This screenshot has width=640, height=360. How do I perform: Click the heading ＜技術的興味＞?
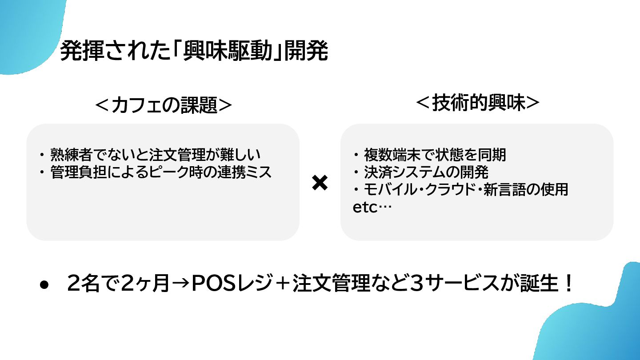477,103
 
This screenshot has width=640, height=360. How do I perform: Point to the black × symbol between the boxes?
320,183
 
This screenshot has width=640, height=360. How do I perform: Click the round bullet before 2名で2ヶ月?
44,285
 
